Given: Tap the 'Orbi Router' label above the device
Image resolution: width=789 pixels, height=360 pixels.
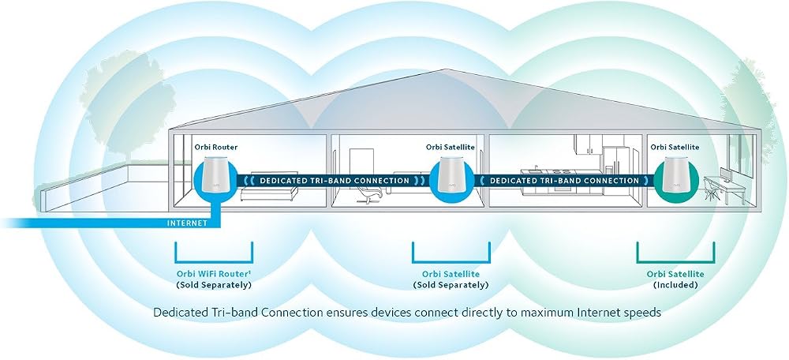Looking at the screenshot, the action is click(216, 147).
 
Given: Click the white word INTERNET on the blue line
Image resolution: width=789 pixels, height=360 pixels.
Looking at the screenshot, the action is click(187, 223).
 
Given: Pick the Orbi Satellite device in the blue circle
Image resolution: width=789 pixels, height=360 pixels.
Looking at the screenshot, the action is click(451, 174).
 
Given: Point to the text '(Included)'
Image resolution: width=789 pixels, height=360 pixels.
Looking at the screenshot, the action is click(675, 285).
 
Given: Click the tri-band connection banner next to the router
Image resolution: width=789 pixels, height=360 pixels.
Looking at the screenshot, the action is click(334, 180).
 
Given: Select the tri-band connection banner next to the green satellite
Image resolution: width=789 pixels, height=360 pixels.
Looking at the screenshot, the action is click(563, 180).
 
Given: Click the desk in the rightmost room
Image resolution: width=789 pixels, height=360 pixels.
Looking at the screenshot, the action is click(728, 189).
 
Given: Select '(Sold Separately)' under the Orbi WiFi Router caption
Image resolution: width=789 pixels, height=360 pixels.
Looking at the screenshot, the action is click(213, 285).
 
